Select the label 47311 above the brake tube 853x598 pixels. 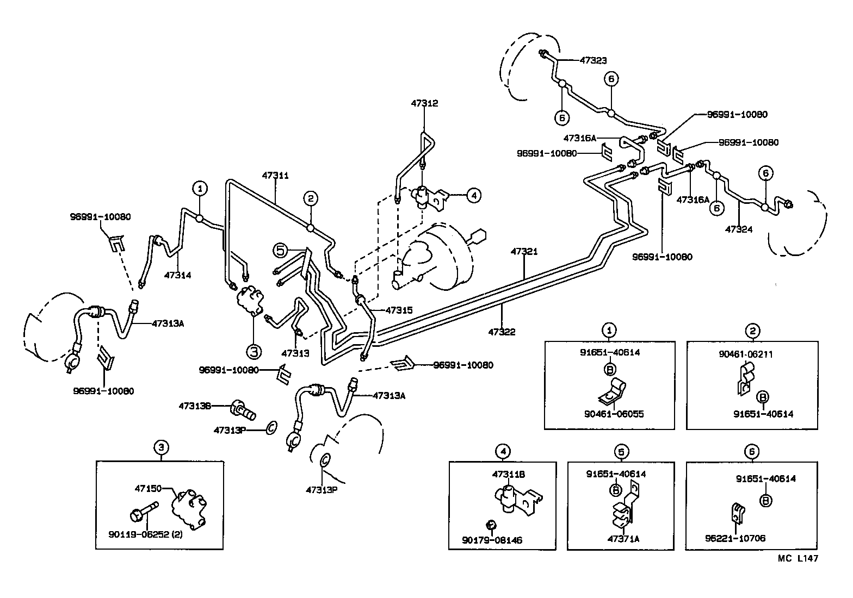275,176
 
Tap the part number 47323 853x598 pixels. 593,61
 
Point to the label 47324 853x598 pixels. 739,229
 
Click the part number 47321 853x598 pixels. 524,252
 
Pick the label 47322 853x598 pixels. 501,332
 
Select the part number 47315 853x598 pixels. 399,310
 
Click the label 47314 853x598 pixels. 177,275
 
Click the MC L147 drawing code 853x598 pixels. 797,558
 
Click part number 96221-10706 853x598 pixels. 734,538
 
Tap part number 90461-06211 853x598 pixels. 745,354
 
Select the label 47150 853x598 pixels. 148,489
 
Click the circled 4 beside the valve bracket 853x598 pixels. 473,195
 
